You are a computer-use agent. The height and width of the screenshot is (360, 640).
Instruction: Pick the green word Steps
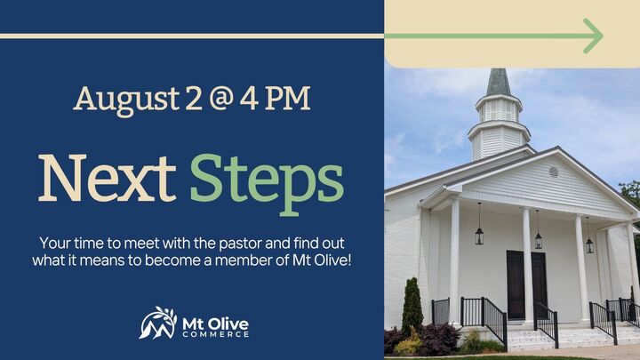pos(267,180)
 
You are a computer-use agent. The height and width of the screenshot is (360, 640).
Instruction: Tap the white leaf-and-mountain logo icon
pos(158,323)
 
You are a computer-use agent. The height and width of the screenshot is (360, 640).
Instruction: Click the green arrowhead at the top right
pos(592,36)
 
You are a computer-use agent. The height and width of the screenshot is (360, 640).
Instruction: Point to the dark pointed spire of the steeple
pos(499,83)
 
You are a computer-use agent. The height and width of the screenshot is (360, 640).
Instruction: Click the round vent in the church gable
pos(554,172)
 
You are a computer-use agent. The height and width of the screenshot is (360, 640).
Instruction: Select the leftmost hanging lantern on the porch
pos(478,235)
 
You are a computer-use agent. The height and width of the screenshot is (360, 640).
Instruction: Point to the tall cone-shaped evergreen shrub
pos(412,308)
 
